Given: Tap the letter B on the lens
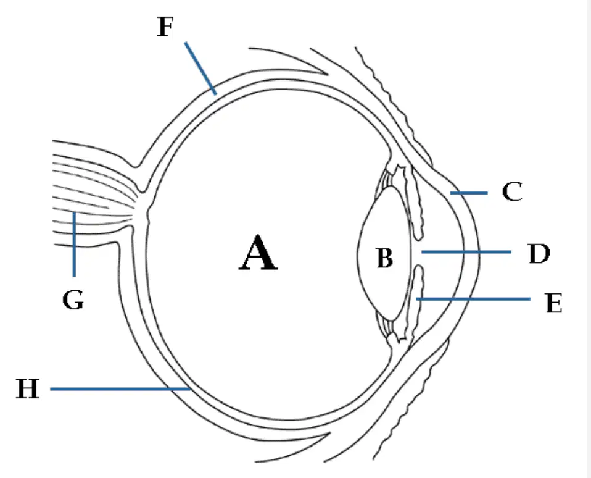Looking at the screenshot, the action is click(385, 258).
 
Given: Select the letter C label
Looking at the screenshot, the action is click(512, 191).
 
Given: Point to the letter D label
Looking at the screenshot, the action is click(539, 254).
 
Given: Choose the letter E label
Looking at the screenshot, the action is click(554, 303).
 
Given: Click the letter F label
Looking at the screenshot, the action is click(165, 27).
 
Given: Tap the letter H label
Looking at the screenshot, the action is click(28, 388).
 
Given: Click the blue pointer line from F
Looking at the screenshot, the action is click(200, 69).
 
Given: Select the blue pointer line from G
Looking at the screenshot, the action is click(74, 244).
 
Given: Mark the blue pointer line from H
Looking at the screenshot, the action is click(120, 388).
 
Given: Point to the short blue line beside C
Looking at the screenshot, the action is click(469, 193).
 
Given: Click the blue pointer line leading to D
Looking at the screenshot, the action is click(466, 251).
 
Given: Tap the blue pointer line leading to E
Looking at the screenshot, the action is click(473, 299).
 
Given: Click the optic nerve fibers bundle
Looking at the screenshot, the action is click(94, 195).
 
